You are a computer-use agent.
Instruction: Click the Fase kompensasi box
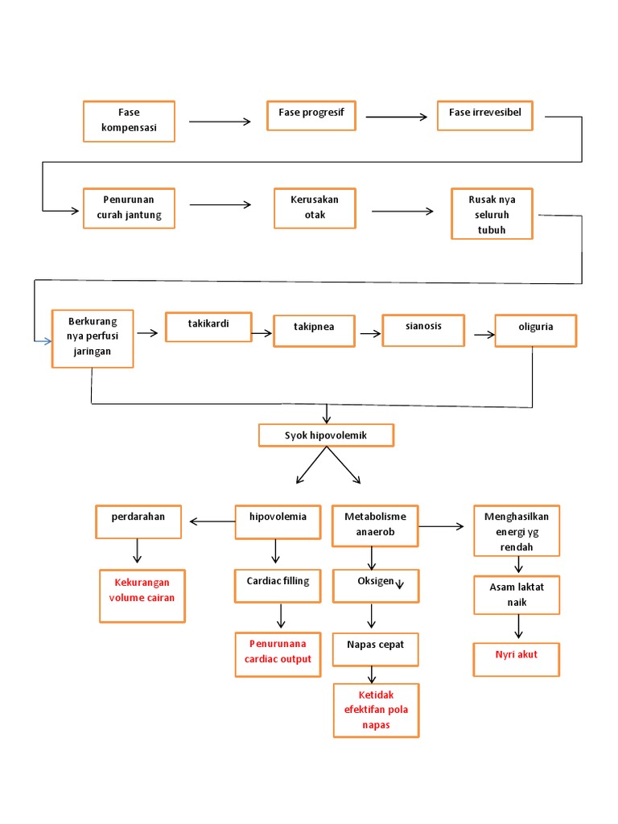click(129, 121)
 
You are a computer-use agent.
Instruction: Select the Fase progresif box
click(311, 114)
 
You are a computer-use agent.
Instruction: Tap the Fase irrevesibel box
click(484, 114)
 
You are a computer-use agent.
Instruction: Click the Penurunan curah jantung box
click(129, 208)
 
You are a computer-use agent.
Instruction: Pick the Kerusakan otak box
click(314, 208)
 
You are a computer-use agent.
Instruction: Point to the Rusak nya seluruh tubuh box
click(491, 214)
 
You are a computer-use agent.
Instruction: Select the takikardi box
click(208, 327)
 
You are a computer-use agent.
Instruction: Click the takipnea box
click(314, 330)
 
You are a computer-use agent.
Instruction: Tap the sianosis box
click(422, 329)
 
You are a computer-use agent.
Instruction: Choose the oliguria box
click(535, 330)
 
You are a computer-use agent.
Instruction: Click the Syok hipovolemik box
click(326, 435)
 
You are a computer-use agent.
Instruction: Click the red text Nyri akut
click(517, 654)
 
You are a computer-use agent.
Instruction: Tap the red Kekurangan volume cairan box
click(142, 595)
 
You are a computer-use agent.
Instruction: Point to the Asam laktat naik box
click(516, 595)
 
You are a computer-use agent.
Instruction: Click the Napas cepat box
click(375, 649)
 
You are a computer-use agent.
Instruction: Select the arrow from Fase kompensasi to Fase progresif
click(220, 122)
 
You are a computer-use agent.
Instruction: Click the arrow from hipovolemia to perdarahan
click(212, 522)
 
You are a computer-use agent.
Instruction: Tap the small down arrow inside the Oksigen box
click(399, 585)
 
